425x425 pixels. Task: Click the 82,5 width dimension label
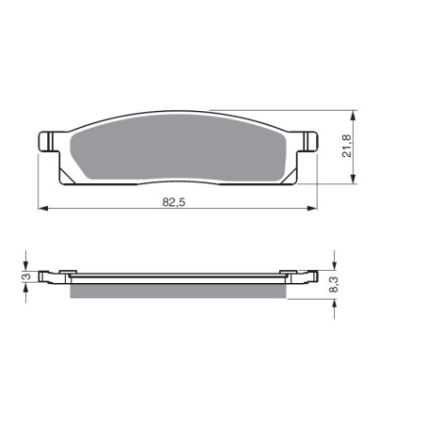[x=174, y=202]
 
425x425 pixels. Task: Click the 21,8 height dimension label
[x=347, y=146]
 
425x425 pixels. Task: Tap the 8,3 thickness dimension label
[x=334, y=285]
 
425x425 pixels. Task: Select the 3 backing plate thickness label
[x=27, y=276]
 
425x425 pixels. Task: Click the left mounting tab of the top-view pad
[x=49, y=141]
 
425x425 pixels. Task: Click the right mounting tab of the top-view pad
[x=307, y=142]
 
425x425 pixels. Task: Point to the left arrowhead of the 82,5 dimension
[x=43, y=208]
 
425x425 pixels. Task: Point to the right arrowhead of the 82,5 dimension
[x=312, y=208]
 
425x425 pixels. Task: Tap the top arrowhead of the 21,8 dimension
[x=354, y=116]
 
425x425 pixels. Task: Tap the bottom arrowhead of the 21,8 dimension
[x=354, y=179]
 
